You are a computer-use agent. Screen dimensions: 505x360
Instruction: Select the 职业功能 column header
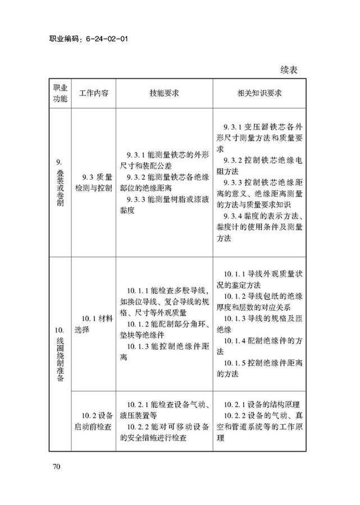coord(60,93)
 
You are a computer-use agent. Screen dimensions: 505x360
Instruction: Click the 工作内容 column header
coord(94,93)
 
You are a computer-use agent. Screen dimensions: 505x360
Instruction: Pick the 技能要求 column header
coord(164,93)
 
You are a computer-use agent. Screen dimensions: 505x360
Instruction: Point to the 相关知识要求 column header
coord(259,93)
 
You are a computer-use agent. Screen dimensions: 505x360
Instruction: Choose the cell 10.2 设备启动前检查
coord(94,421)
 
